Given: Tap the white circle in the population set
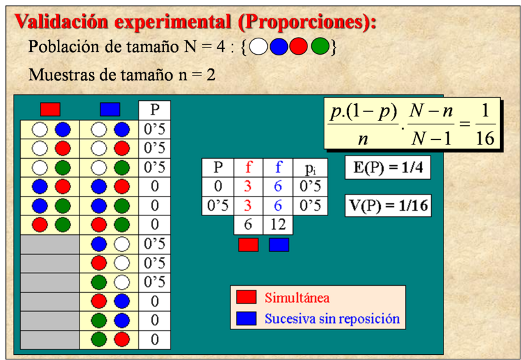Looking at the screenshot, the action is coord(259,46).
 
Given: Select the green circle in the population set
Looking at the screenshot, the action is coord(320,46).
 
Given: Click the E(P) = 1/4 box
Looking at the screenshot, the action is coord(387,167).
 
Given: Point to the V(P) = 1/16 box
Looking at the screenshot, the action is coord(388,206).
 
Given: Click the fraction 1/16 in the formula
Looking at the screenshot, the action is coord(485,124).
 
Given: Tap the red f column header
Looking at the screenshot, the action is coord(248,167).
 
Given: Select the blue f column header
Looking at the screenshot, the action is coord(278,167).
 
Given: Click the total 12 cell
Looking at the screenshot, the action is coord(278,225).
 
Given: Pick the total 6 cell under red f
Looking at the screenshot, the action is coord(248,225).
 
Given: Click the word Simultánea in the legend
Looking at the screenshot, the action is coord(297,298).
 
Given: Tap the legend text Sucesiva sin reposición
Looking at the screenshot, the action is coord(332,318).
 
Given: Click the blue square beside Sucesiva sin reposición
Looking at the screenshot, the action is coord(246,318).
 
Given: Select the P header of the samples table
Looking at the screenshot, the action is coord(154,110).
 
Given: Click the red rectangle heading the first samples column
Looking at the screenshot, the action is coord(50,109).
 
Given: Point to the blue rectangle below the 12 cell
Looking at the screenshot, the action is coord(279,245).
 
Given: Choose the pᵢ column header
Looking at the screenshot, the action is coord(310,168).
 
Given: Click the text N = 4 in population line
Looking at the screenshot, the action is coord(204,46).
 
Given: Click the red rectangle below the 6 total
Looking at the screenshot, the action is coord(248,245).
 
